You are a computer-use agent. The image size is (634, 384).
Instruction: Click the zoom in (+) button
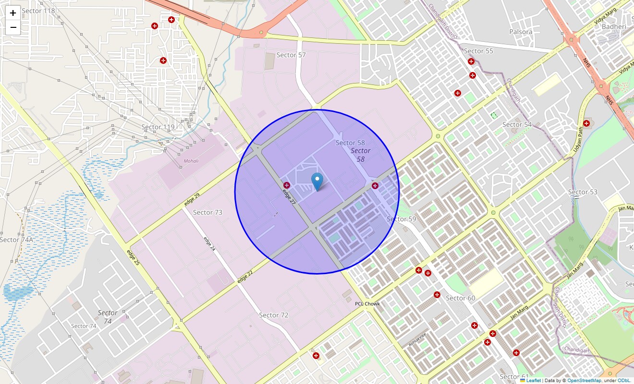tap(13, 13)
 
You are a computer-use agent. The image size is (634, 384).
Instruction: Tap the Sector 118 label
tap(38, 11)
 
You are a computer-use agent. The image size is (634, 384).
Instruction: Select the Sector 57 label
tap(291, 55)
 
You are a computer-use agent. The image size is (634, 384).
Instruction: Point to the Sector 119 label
tap(158, 127)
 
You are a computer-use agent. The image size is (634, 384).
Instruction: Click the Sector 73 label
tap(207, 212)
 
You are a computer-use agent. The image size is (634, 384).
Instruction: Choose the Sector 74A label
tap(16, 240)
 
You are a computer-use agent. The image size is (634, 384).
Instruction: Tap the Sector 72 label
tap(274, 315)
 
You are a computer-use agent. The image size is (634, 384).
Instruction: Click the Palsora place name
tap(521, 32)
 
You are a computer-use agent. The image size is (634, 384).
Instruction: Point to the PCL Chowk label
tap(367, 304)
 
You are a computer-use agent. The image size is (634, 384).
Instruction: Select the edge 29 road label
tap(192, 200)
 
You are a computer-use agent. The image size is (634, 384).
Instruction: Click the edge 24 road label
tap(209, 244)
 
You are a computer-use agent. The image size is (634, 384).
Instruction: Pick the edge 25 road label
tap(133, 258)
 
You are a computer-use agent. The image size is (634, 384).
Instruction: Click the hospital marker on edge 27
tap(287, 185)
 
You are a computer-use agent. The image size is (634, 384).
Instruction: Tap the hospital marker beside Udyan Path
tap(586, 123)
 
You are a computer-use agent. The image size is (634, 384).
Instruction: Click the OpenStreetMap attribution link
tap(584, 380)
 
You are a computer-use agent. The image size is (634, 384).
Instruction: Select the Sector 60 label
tap(460, 298)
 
